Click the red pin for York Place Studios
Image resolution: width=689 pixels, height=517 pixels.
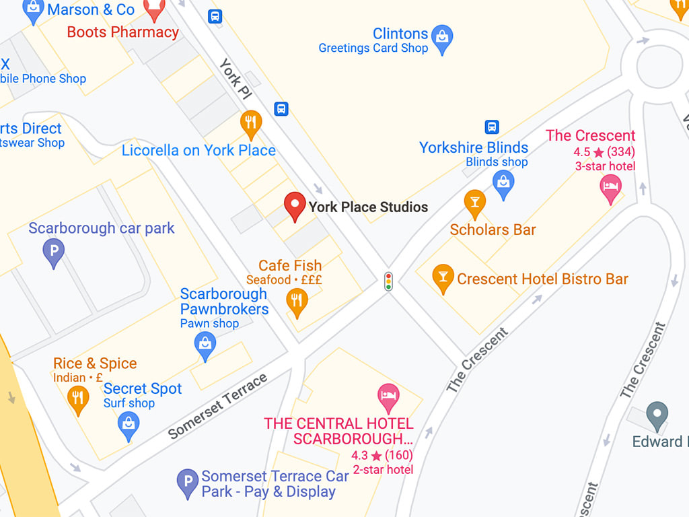click(294, 205)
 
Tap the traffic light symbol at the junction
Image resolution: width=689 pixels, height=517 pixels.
click(388, 281)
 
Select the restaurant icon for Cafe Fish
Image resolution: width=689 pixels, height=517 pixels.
click(297, 301)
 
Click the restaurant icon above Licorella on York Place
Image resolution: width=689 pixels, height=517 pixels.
click(251, 123)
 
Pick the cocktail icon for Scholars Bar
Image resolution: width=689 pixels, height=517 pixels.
click(474, 203)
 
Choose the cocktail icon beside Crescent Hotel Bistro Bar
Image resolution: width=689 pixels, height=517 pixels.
click(442, 276)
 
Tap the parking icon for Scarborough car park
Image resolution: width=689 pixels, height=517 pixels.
click(53, 252)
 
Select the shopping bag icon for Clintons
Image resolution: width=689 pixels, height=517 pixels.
click(442, 38)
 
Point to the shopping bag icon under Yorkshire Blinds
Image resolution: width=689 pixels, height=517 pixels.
click(503, 182)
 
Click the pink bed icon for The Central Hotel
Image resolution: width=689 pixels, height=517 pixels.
click(388, 397)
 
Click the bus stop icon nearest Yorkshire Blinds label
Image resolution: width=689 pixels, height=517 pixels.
click(492, 127)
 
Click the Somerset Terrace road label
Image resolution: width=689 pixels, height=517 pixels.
click(217, 406)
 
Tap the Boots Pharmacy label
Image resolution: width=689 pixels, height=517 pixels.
click(123, 32)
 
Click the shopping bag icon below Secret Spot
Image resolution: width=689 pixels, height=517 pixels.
click(128, 424)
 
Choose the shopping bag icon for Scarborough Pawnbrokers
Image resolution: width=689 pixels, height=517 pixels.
click(205, 345)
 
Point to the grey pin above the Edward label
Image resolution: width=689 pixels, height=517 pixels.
click(657, 415)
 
